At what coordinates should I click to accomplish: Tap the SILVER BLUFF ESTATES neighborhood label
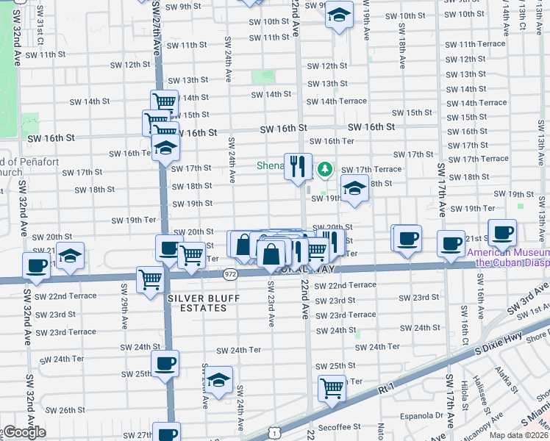tap(197, 303)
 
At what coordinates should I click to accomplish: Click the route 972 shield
tap(230, 274)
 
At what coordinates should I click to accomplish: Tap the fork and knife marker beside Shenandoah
tap(298, 166)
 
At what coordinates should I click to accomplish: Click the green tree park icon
tap(324, 171)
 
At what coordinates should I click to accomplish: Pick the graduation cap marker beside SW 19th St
tap(354, 189)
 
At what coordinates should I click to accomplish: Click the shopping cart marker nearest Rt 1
tap(332, 387)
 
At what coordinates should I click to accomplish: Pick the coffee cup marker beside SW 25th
tap(165, 362)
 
